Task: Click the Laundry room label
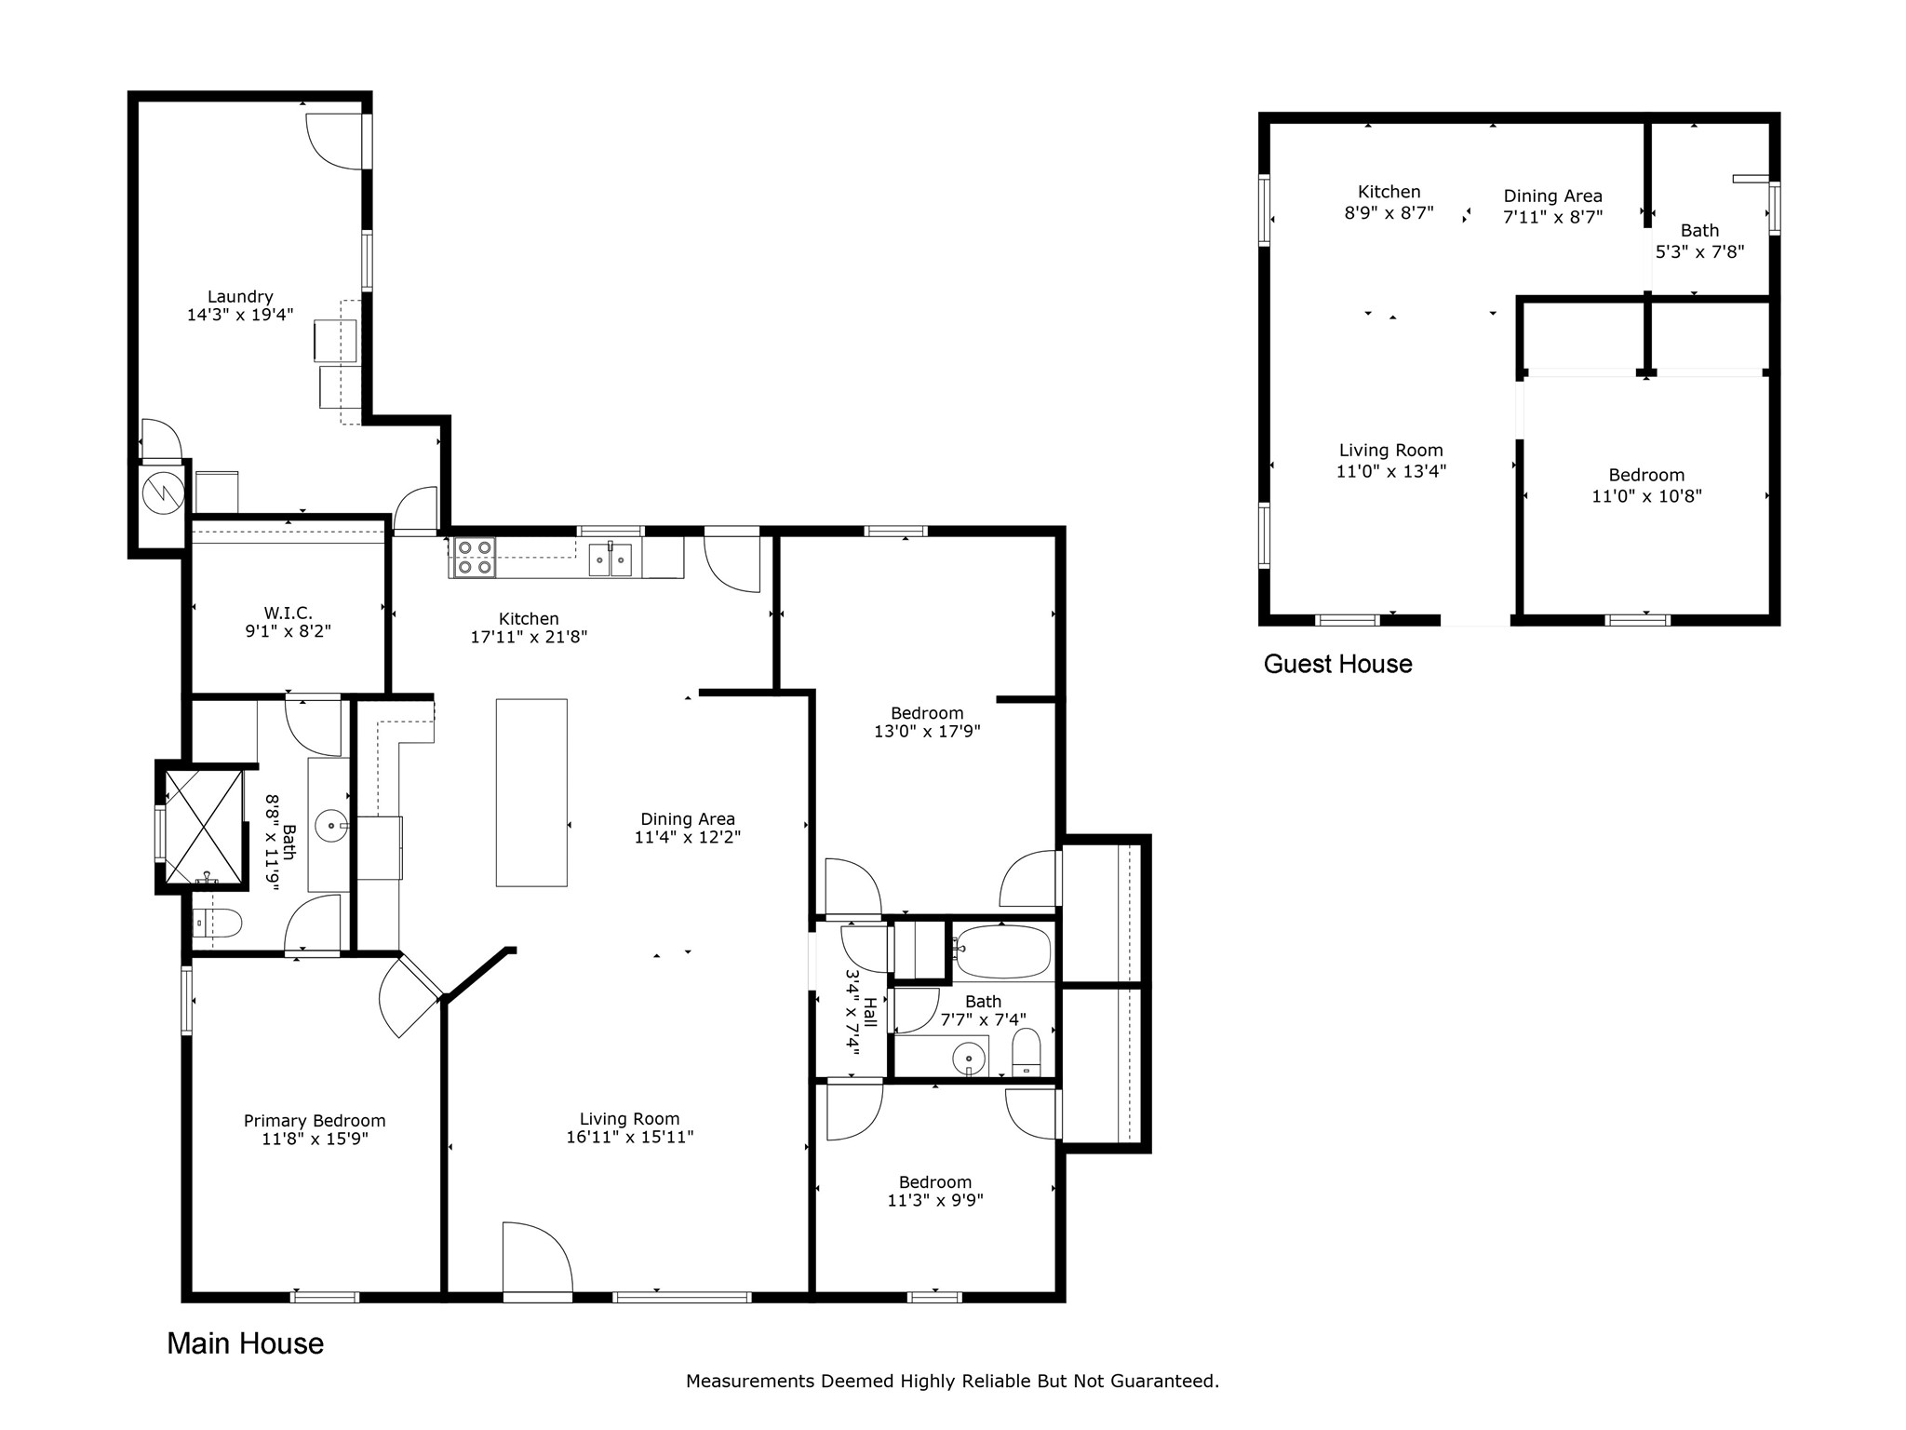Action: pyautogui.click(x=240, y=297)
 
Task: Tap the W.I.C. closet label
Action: pyautogui.click(x=289, y=614)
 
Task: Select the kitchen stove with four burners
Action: pyautogui.click(x=473, y=558)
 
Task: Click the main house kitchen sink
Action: pyautogui.click(x=611, y=560)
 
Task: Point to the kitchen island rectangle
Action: pyautogui.click(x=531, y=792)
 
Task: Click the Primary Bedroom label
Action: pyautogui.click(x=315, y=1121)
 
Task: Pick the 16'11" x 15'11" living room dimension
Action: pyautogui.click(x=630, y=1137)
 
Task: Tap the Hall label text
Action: pyautogui.click(x=870, y=1012)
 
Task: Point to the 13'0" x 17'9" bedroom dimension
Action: pyautogui.click(x=927, y=732)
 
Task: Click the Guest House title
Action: pyautogui.click(x=1337, y=664)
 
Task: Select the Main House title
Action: pyautogui.click(x=246, y=1343)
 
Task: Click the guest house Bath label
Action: pyautogui.click(x=1699, y=231)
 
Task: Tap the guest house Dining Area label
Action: pyautogui.click(x=1553, y=196)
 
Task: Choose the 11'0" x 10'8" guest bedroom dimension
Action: pyautogui.click(x=1646, y=496)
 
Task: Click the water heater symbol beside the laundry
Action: pyautogui.click(x=164, y=493)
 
